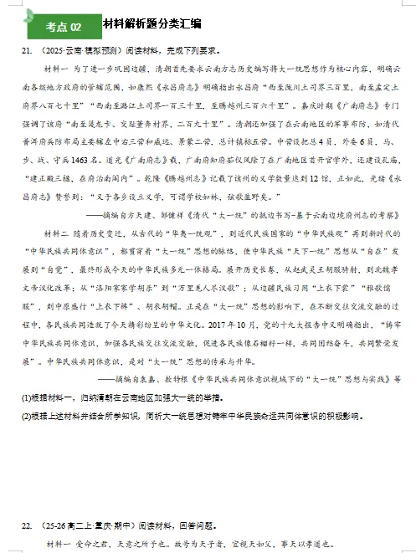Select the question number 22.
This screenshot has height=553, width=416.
click(28, 525)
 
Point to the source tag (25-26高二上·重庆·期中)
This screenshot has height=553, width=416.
click(82, 525)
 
